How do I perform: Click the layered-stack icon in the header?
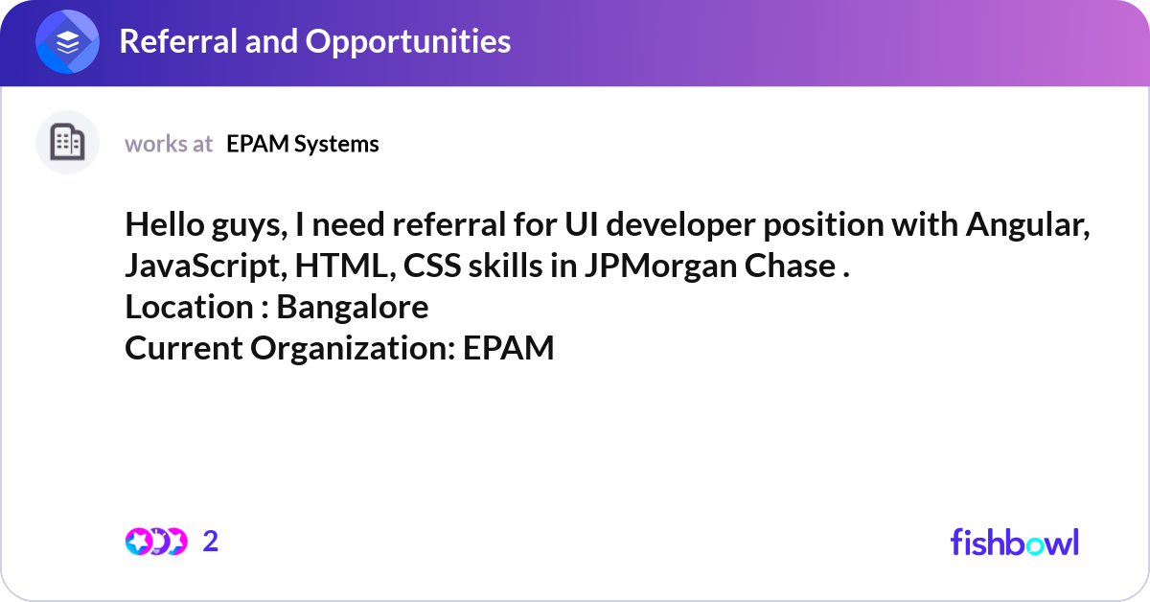[68, 42]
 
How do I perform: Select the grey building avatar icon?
[68, 143]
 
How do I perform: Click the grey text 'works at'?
[169, 144]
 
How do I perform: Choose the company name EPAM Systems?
[303, 144]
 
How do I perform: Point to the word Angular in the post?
[1027, 226]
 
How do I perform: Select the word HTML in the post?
[351, 266]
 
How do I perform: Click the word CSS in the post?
[433, 266]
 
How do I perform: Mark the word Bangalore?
[353, 308]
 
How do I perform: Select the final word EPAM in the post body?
[509, 349]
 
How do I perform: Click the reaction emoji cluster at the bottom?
[155, 542]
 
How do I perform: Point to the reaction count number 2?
[211, 542]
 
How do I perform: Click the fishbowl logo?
[1014, 542]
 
